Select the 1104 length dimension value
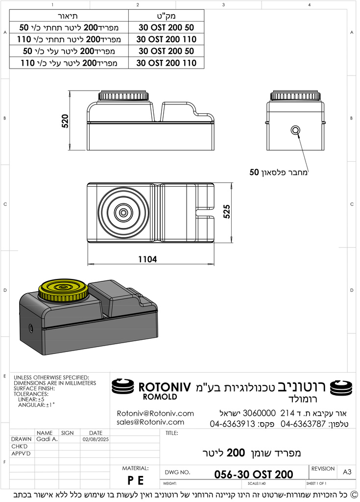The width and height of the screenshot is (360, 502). pyautogui.click(x=147, y=260)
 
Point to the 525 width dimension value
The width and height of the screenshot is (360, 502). pyautogui.click(x=226, y=211)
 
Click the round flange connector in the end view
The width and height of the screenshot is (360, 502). pyautogui.click(x=296, y=130)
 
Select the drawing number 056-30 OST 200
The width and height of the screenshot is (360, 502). pyautogui.click(x=254, y=474)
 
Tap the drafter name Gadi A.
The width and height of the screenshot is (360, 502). pyautogui.click(x=47, y=439)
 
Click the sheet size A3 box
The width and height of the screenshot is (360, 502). pyautogui.click(x=347, y=472)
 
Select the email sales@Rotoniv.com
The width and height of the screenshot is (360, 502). pyautogui.click(x=150, y=422)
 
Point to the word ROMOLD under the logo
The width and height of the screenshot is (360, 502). pyautogui.click(x=160, y=397)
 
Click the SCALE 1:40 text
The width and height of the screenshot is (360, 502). pyautogui.click(x=257, y=483)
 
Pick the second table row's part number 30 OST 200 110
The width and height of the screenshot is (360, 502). pyautogui.click(x=166, y=39)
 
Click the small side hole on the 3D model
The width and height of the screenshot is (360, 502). pyautogui.click(x=30, y=327)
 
